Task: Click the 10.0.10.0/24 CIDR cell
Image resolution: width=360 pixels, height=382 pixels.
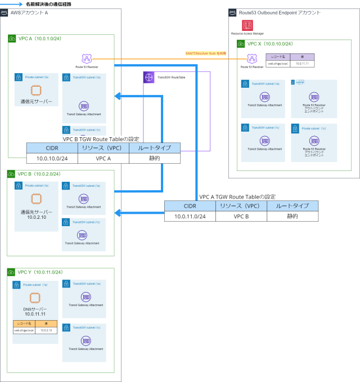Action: pyautogui.click(x=52, y=158)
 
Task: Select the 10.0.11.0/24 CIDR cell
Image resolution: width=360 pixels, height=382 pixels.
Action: pyautogui.click(x=190, y=216)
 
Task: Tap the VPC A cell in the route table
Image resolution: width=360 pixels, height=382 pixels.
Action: pyautogui.click(x=103, y=158)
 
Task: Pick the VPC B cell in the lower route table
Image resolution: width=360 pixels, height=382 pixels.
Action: pyautogui.click(x=241, y=216)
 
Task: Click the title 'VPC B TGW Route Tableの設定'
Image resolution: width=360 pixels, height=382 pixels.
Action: pyautogui.click(x=101, y=138)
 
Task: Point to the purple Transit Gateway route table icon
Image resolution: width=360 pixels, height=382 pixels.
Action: pyautogui.click(x=148, y=78)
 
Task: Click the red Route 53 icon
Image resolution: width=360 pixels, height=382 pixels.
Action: pyautogui.click(x=247, y=25)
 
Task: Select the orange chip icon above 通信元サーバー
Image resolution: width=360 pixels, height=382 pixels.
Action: pyautogui.click(x=36, y=89)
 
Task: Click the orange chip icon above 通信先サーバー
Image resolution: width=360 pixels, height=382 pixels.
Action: pyautogui.click(x=36, y=197)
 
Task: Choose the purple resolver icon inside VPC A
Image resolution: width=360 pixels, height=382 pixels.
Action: pyautogui.click(x=86, y=59)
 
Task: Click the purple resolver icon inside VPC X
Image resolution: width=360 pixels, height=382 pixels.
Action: pyautogui.click(x=251, y=58)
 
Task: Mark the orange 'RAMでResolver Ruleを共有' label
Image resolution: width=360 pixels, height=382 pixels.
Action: pyautogui.click(x=206, y=53)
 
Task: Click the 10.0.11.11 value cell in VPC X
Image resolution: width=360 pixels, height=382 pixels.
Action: pyautogui.click(x=302, y=64)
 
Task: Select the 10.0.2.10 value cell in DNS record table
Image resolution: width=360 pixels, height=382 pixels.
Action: pyautogui.click(x=46, y=330)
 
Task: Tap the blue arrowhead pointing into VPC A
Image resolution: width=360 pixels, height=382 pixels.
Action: pyautogui.click(x=117, y=97)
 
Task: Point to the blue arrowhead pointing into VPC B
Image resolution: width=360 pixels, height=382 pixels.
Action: pyautogui.click(x=117, y=213)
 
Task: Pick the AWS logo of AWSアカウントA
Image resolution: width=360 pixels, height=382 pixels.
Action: pyautogui.click(x=4, y=12)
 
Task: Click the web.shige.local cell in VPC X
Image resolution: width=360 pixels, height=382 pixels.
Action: pyautogui.click(x=278, y=64)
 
